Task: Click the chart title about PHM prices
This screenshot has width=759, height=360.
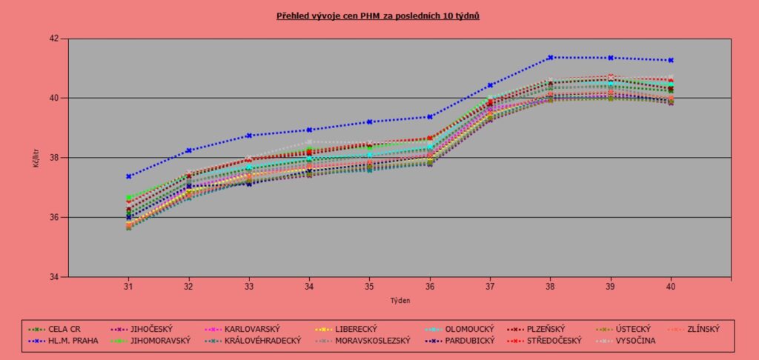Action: coord(379,15)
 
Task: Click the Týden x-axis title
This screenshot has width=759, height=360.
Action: coord(400,301)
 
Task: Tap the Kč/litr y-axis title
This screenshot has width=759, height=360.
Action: coord(36,158)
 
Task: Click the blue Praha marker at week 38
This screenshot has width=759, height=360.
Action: coord(551,57)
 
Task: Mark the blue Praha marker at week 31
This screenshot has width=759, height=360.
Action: coord(128,176)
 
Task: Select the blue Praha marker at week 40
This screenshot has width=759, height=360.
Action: coord(671,60)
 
